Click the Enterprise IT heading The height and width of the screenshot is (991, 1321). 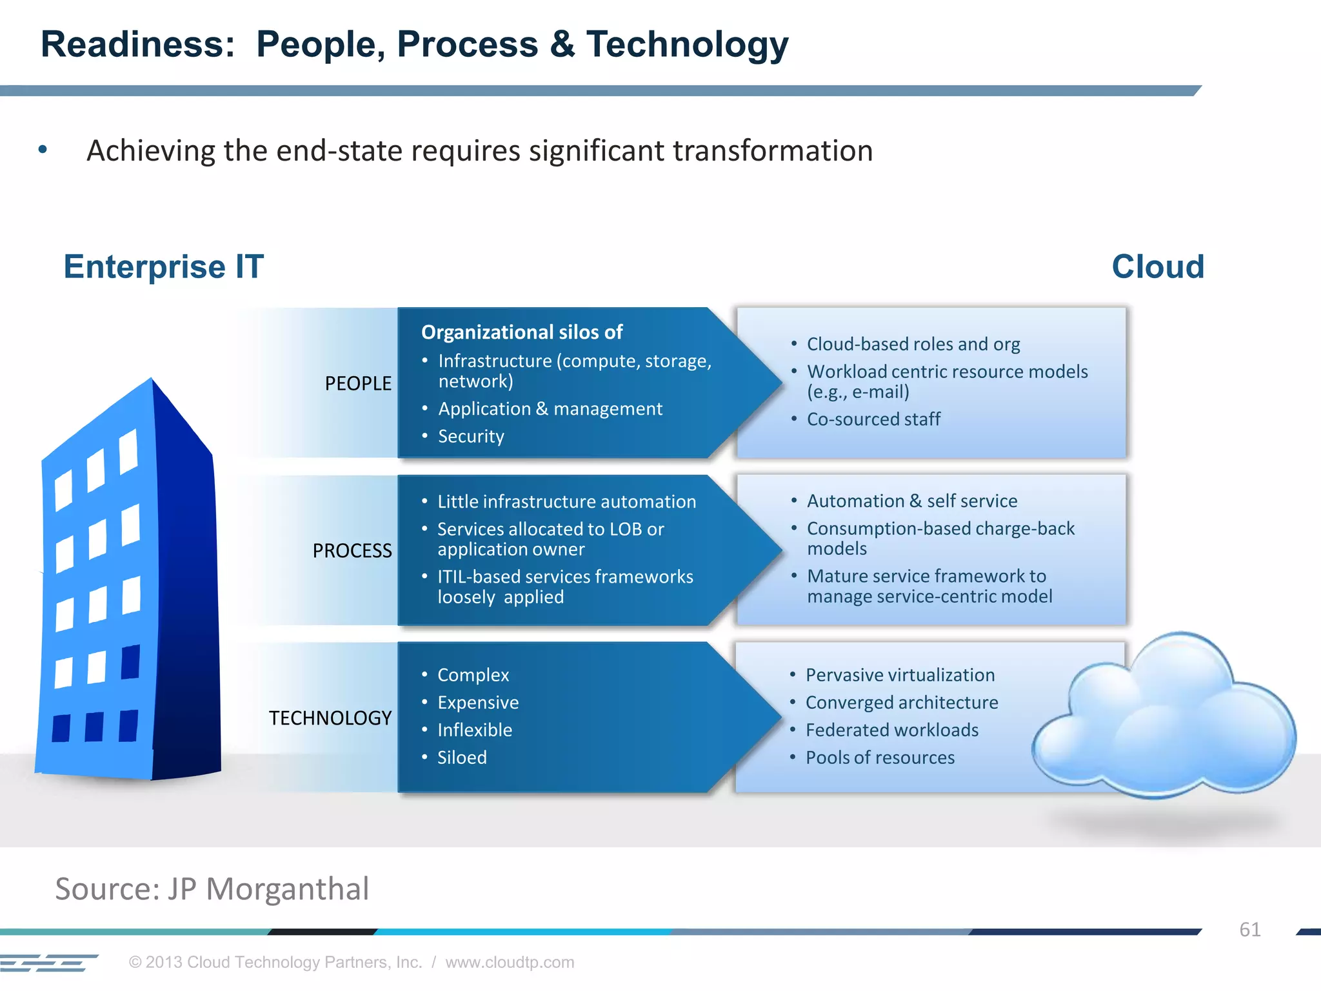(163, 266)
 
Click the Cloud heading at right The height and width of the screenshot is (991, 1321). (1157, 266)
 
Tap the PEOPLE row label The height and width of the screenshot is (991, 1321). (358, 383)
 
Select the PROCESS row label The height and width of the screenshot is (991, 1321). (352, 550)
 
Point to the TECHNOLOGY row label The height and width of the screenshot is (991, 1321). (330, 717)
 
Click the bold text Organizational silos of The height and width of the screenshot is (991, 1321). (521, 332)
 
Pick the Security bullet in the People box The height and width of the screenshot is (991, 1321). (471, 436)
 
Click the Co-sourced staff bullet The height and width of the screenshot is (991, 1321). (873, 419)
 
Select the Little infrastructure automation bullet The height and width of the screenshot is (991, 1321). (566, 501)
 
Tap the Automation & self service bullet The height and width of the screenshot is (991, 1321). (911, 501)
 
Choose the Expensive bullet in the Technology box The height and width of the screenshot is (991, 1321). (478, 702)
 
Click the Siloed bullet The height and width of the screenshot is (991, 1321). (462, 757)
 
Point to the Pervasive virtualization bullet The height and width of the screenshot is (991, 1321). (900, 675)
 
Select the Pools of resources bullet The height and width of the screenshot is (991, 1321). (880, 757)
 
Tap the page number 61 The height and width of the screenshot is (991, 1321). (1249, 929)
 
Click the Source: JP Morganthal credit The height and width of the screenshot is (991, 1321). (212, 888)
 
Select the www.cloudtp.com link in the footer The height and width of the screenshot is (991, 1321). (509, 962)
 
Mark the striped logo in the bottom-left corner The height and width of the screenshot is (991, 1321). (48, 963)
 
